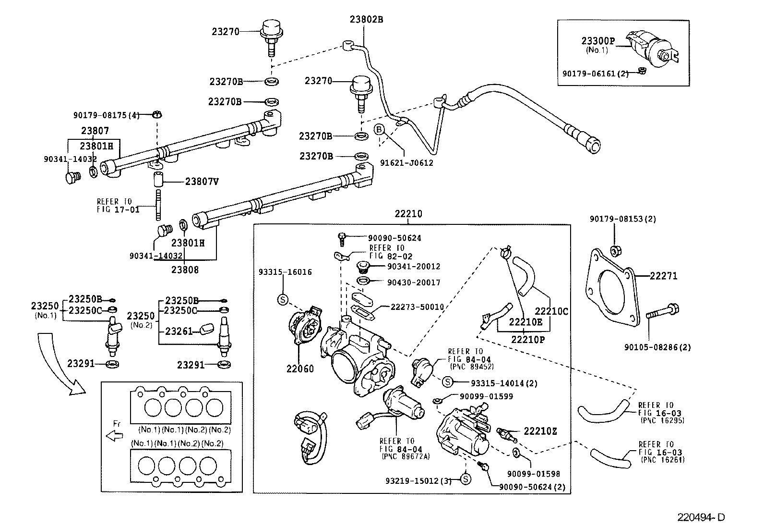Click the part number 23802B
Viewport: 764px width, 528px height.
pyautogui.click(x=366, y=19)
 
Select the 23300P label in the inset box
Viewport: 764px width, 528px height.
pyautogui.click(x=598, y=41)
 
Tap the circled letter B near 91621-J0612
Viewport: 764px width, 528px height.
pyautogui.click(x=379, y=129)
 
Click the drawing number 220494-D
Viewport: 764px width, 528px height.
pyautogui.click(x=701, y=517)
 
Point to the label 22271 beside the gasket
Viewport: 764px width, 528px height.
pyautogui.click(x=664, y=276)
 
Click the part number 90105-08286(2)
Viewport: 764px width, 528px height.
pyautogui.click(x=657, y=347)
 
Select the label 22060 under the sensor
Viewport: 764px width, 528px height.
pyautogui.click(x=300, y=369)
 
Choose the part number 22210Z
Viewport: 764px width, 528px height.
pyautogui.click(x=540, y=431)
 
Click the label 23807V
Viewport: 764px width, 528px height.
pyautogui.click(x=202, y=182)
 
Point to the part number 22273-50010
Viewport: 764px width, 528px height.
pyautogui.click(x=417, y=307)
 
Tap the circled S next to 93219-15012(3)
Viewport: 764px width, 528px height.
pyautogui.click(x=465, y=479)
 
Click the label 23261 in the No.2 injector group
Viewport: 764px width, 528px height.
pyautogui.click(x=179, y=332)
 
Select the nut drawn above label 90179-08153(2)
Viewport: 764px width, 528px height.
pyautogui.click(x=614, y=251)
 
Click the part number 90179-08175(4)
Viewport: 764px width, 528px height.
pyautogui.click(x=107, y=115)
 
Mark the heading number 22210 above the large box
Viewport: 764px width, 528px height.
pyautogui.click(x=408, y=214)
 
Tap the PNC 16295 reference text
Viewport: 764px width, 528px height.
pyautogui.click(x=662, y=420)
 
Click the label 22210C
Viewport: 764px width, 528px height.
pyautogui.click(x=552, y=311)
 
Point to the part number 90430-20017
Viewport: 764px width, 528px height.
pyautogui.click(x=414, y=282)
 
